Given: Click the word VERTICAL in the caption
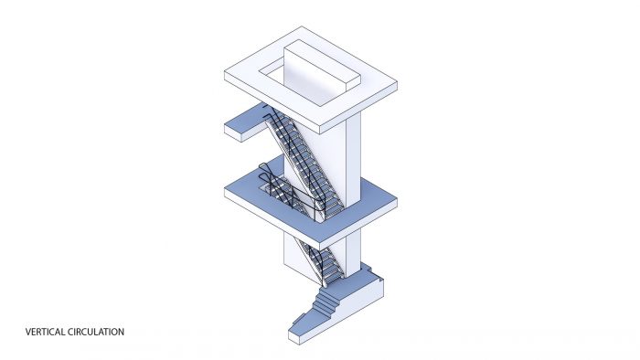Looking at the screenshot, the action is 45,332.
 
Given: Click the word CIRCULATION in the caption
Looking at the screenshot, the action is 96,332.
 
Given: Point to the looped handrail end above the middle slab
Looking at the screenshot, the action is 265,171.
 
